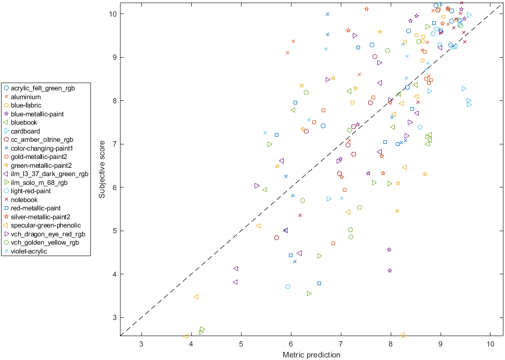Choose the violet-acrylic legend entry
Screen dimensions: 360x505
29,251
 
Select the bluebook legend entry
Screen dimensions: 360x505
24,123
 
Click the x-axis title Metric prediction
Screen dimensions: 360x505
311,355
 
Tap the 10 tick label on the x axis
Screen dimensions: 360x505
490,344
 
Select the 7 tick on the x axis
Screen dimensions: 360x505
341,344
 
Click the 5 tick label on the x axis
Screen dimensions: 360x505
241,344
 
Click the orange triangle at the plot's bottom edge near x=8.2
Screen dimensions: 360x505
402,336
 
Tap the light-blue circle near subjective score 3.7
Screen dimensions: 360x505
288,287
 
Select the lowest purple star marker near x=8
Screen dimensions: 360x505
390,271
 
